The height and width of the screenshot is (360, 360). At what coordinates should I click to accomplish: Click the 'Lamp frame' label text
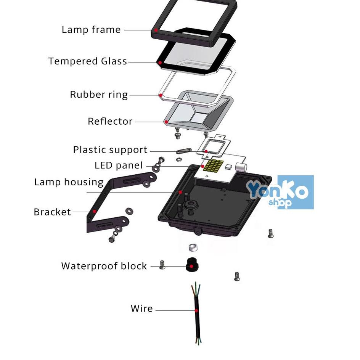[x=91, y=30]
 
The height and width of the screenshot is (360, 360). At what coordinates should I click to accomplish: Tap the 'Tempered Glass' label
[x=88, y=61]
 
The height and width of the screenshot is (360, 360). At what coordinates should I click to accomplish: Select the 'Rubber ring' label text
[x=99, y=95]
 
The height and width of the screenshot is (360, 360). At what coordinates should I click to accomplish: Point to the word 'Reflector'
[x=110, y=122]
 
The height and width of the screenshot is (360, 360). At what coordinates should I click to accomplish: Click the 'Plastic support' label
[x=110, y=150]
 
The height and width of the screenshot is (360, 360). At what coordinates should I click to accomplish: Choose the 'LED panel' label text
[x=119, y=166]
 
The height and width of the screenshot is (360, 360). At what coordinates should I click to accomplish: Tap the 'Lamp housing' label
[x=69, y=182]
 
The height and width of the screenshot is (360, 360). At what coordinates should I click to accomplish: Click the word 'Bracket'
[x=52, y=212]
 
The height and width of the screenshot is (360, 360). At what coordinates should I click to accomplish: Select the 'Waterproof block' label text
[x=104, y=266]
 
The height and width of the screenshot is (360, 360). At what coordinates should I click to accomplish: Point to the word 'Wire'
[x=141, y=309]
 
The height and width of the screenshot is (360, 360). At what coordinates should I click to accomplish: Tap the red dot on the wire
[x=197, y=311]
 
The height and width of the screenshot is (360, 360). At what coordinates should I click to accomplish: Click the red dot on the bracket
[x=94, y=211]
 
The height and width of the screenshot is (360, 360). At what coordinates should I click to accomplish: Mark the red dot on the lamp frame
[x=156, y=30]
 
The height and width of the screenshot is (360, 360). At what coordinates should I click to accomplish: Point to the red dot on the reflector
[x=166, y=122]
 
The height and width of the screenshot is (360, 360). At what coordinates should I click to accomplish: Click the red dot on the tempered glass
[x=161, y=62]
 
